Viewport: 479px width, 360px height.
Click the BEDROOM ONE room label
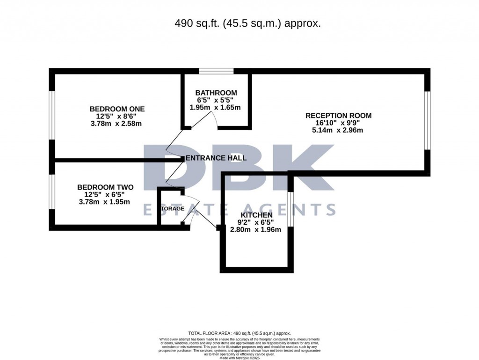pos(117,109)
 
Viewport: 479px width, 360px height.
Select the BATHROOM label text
pos(216,93)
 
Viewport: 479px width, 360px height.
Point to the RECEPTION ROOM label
pos(338,116)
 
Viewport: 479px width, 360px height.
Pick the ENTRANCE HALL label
pos(216,158)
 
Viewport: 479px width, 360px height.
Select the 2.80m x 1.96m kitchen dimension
pos(255,229)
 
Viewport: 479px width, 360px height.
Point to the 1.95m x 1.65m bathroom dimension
pos(215,107)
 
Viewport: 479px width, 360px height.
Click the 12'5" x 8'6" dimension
pos(117,117)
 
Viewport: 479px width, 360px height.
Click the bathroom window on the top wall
pos(216,72)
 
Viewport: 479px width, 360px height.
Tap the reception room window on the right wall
pos(427,120)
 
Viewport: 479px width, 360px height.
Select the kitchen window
pos(290,210)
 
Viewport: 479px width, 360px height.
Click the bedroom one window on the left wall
pos(52,115)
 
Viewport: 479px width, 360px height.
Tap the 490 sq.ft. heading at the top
pos(247,23)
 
